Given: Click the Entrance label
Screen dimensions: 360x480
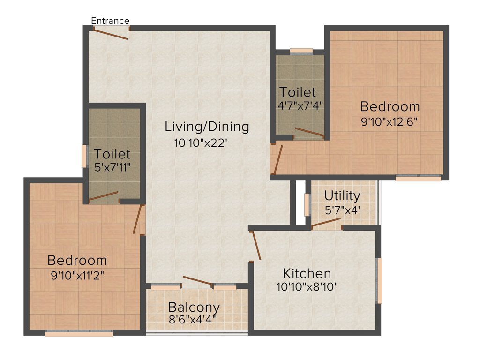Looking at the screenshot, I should click(x=110, y=21).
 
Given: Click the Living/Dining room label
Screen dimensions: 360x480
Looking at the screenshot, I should click(x=207, y=127).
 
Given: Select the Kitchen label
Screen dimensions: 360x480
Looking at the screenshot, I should click(x=307, y=273).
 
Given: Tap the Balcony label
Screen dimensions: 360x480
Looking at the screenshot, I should click(x=194, y=307).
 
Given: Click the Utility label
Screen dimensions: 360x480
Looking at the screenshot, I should click(x=342, y=195).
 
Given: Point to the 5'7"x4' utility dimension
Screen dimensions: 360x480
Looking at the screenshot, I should click(x=342, y=210).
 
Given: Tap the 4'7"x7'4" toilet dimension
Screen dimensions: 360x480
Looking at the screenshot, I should click(x=300, y=105).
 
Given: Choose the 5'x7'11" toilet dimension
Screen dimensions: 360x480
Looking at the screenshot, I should click(x=112, y=166).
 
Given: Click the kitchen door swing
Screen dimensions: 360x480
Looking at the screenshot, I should click(x=256, y=245).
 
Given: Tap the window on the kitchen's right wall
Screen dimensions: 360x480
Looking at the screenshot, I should click(x=380, y=280).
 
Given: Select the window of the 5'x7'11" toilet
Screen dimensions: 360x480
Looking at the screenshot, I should click(x=84, y=156).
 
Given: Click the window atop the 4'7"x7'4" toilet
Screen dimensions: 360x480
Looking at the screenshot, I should click(x=301, y=51).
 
